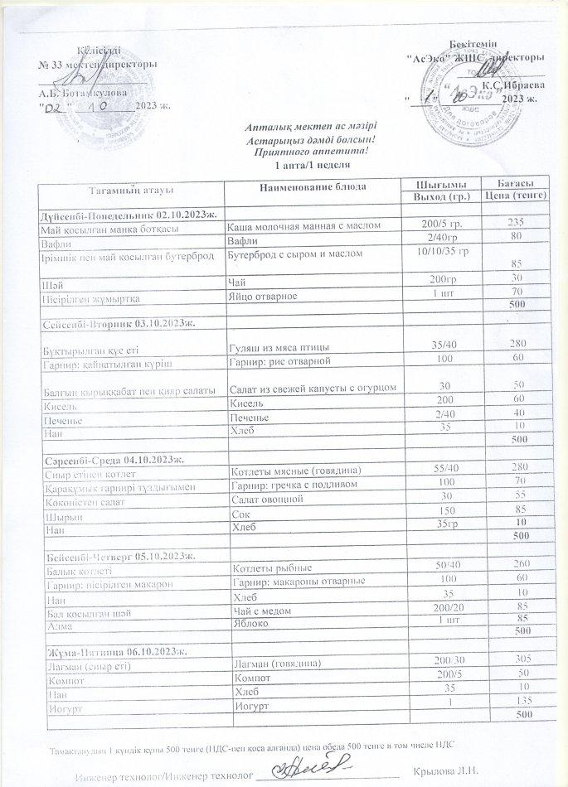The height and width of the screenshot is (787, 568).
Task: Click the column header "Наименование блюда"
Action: tap(313, 187)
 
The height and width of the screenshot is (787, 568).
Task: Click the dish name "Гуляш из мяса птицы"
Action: tap(279, 345)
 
